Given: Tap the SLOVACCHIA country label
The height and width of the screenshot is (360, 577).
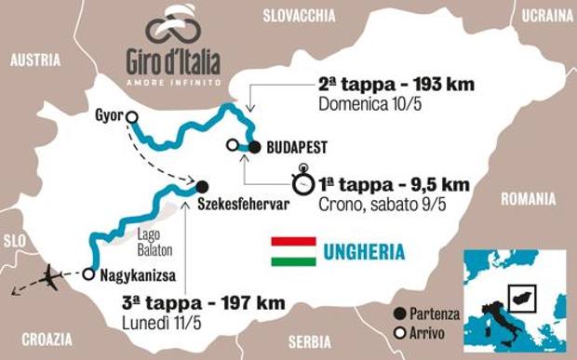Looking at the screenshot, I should point(299,14).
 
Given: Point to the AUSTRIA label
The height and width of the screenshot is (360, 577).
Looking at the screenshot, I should point(34,60).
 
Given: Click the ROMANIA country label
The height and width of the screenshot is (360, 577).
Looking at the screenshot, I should point(528,198).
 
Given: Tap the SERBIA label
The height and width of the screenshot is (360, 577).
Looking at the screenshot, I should point(309,340).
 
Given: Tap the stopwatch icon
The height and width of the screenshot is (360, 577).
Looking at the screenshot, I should point(302,181).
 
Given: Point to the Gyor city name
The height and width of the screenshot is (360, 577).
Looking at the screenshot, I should point(108,116).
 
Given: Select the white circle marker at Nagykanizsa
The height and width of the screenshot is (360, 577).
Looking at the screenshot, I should point(87,274).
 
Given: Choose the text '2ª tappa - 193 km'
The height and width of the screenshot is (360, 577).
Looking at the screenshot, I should point(396,84).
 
